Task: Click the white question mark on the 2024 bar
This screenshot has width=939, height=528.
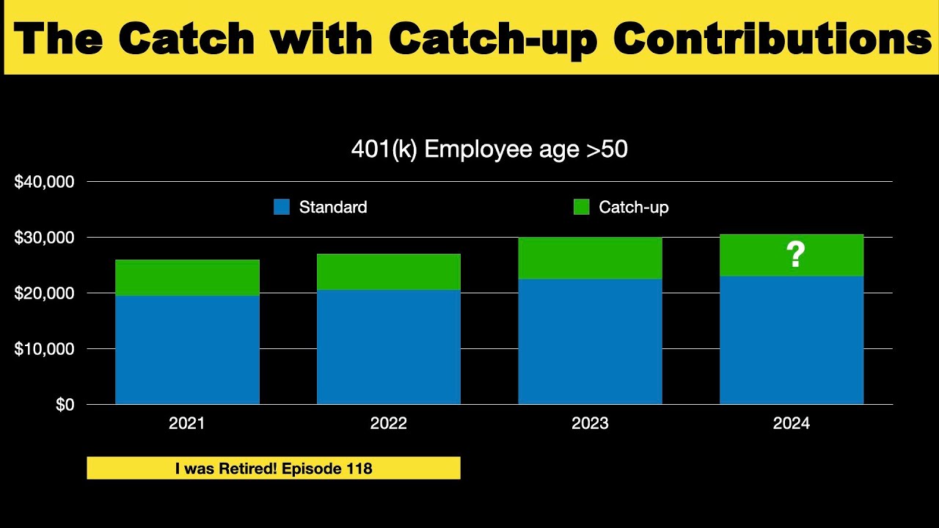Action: click(795, 254)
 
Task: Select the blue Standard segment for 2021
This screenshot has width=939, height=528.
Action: click(187, 350)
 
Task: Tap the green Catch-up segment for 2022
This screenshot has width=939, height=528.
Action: click(388, 272)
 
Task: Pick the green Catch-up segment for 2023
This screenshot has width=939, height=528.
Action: click(590, 258)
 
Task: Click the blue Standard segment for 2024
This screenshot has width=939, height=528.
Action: click(791, 340)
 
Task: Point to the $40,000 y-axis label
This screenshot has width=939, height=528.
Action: click(45, 182)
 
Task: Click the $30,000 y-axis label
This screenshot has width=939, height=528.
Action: click(45, 238)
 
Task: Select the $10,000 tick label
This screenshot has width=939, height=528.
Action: click(45, 349)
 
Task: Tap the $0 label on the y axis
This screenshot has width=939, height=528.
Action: click(65, 405)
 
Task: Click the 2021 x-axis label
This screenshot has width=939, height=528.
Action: click(187, 424)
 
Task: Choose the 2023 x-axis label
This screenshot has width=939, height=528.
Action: click(590, 424)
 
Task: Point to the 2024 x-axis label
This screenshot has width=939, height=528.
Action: click(791, 424)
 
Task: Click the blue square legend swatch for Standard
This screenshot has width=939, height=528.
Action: click(282, 208)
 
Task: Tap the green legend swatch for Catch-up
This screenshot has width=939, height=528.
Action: click(581, 208)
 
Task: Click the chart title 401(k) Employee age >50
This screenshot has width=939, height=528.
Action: click(489, 150)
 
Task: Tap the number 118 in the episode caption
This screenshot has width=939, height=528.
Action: click(357, 469)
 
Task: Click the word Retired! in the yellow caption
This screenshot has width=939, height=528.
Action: click(244, 469)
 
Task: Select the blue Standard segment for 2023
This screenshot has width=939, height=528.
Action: click(590, 342)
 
